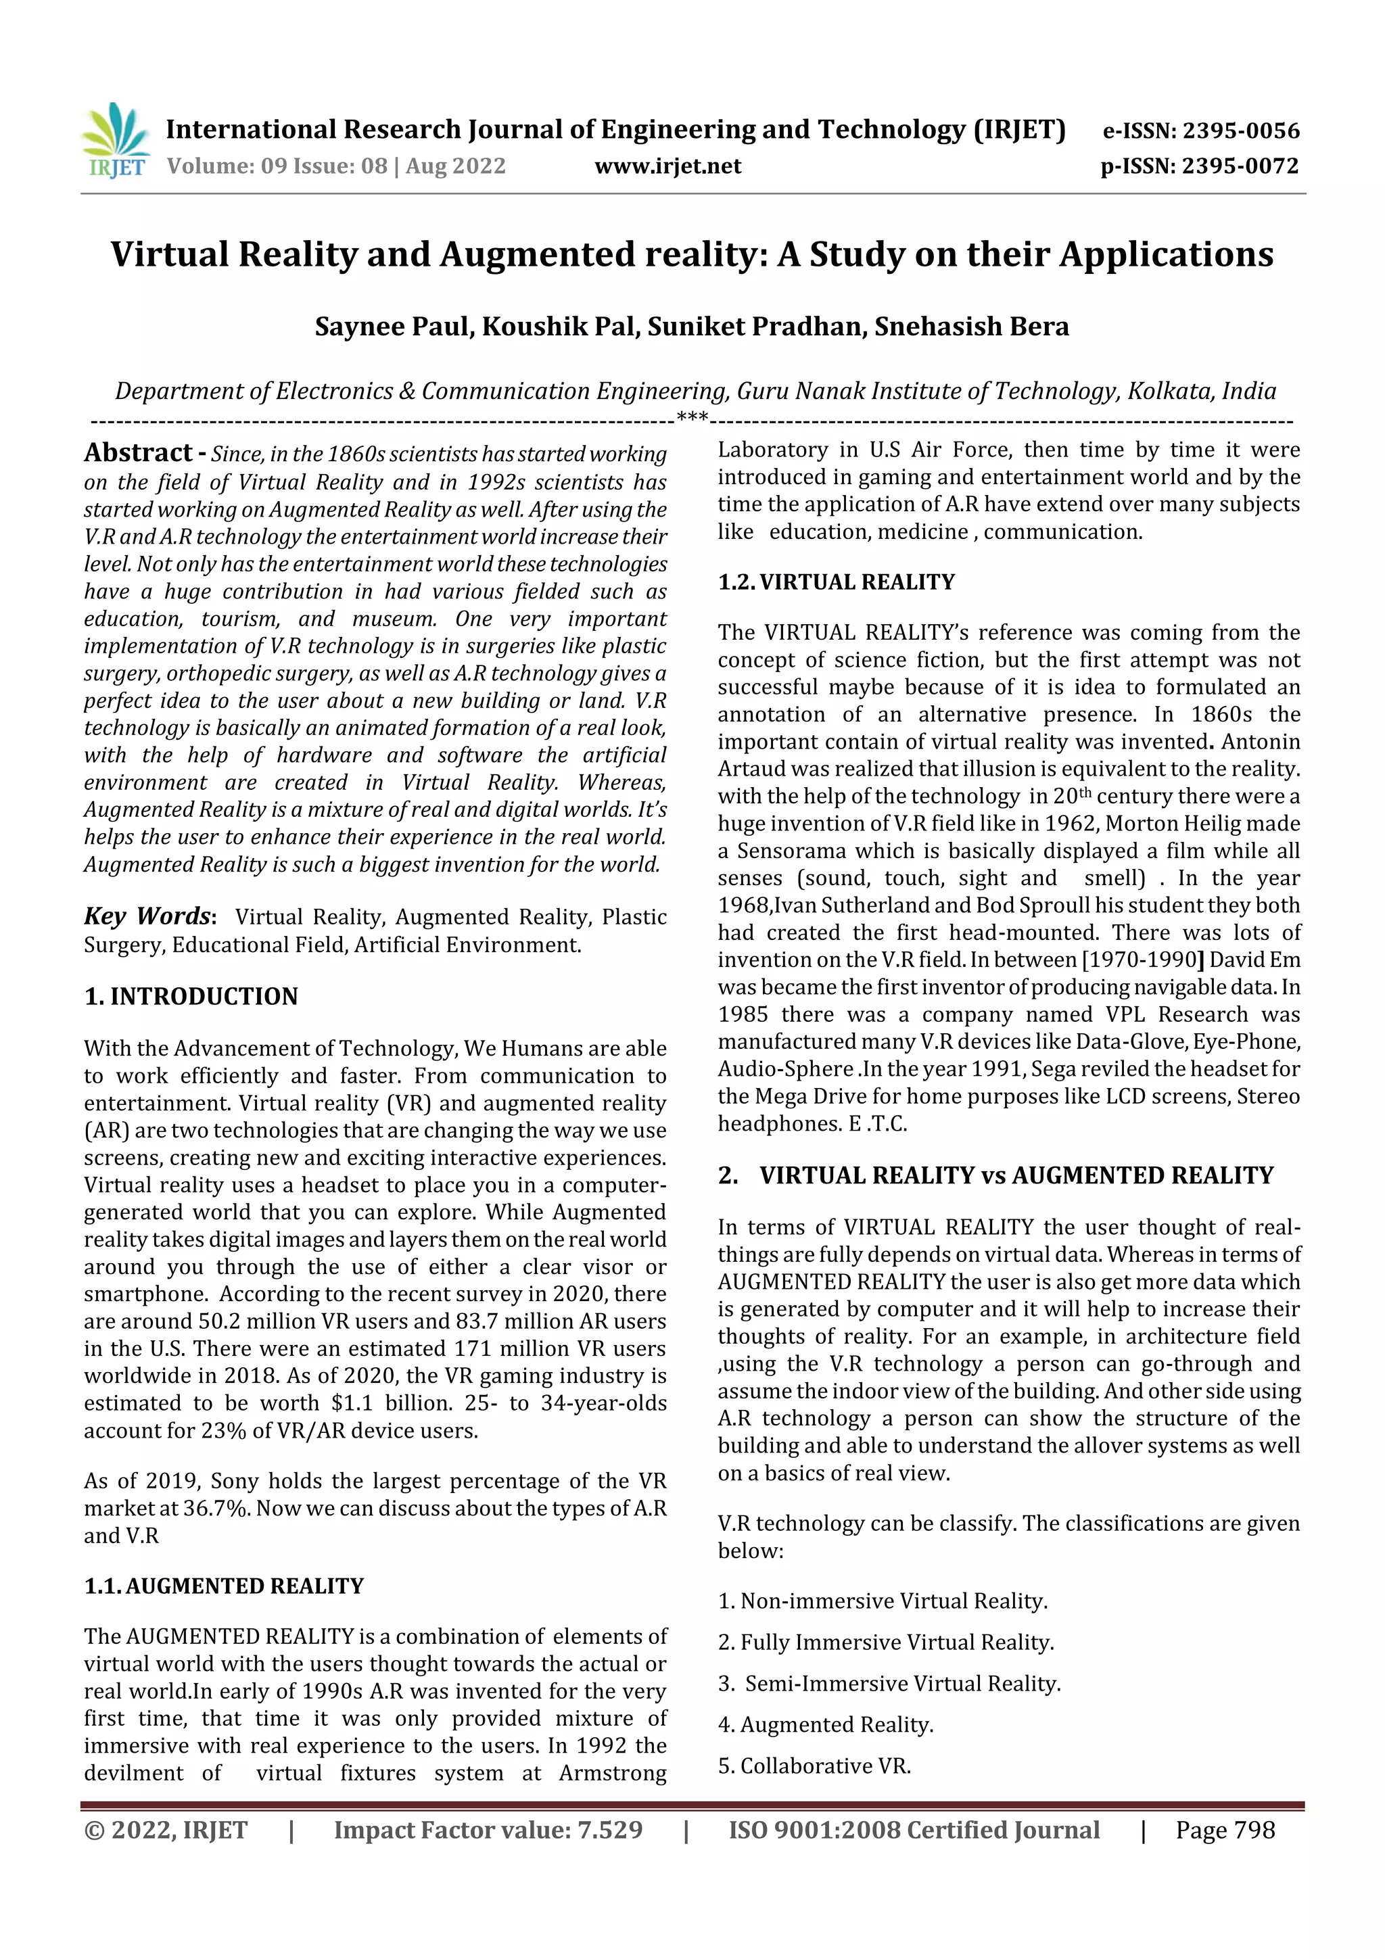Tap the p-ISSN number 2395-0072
click(1239, 166)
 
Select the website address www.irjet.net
click(667, 166)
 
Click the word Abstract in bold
click(138, 452)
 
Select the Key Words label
click(147, 916)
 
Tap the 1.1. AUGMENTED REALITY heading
click(224, 1585)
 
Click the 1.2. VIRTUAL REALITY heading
click(837, 582)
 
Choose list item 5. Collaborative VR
click(815, 1766)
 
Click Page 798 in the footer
click(1225, 1830)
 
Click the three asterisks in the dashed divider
click(691, 417)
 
